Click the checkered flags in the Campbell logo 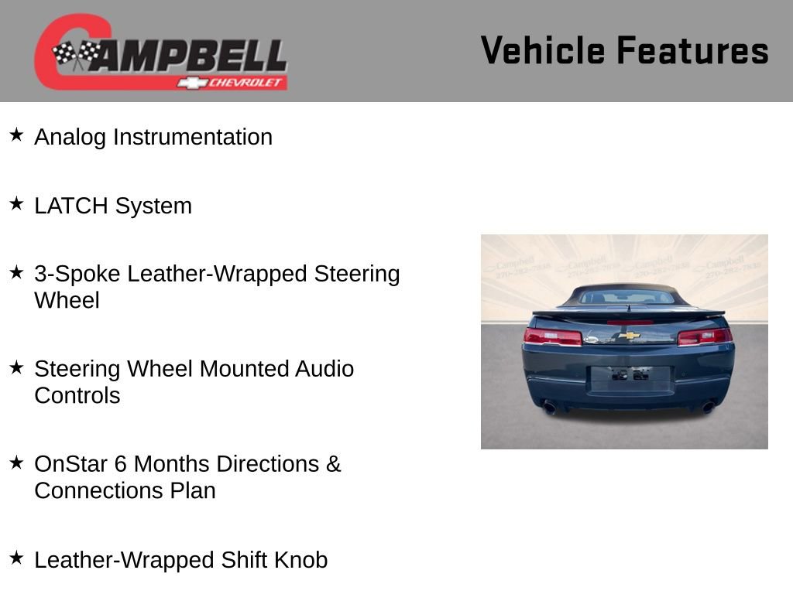coord(76,55)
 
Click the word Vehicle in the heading coord(543,51)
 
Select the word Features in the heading coord(692,51)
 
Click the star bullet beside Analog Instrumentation coord(16,135)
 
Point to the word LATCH coord(72,206)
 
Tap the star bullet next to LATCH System coord(16,204)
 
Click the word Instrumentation coord(193,137)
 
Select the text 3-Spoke coord(77,274)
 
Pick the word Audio coord(324,369)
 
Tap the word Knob coord(301,560)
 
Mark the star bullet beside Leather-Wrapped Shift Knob coord(16,558)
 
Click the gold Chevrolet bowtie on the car coord(629,336)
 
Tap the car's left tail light coord(552,336)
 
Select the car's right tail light coord(704,336)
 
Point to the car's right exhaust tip coord(708,407)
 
